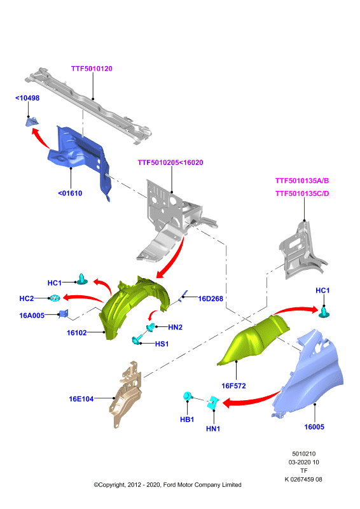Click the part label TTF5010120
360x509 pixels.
[x=92, y=69]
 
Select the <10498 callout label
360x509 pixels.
[x=27, y=98]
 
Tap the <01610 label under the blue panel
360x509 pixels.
[x=70, y=193]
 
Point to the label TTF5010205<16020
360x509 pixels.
[x=170, y=162]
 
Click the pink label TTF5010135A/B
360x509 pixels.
[x=302, y=181]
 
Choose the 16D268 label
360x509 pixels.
[x=211, y=298]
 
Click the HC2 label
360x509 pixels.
[x=27, y=298]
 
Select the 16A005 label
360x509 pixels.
[x=32, y=315]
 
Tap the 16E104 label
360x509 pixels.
[x=81, y=399]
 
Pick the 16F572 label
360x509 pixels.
[x=233, y=386]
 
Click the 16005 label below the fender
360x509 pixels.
[x=314, y=426]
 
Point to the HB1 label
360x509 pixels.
[x=187, y=419]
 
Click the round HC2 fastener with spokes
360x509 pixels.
[x=55, y=298]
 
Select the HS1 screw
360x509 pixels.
[x=137, y=340]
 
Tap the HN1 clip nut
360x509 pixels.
[x=213, y=402]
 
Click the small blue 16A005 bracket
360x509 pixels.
[x=64, y=314]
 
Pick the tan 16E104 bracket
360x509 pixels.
[x=126, y=394]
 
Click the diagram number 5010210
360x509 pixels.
[x=303, y=454]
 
